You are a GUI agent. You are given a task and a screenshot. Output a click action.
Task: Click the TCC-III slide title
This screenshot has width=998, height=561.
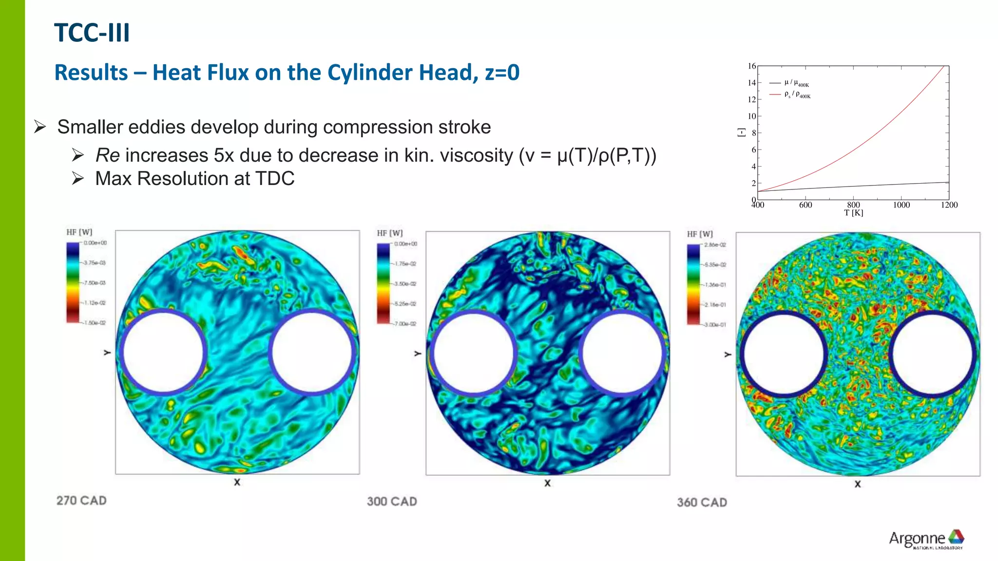(92, 33)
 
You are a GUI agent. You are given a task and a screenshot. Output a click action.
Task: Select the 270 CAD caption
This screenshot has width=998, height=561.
(81, 501)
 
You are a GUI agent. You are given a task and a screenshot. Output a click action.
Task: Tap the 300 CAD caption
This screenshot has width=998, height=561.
(392, 502)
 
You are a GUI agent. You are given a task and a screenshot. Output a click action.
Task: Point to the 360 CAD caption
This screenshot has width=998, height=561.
(702, 503)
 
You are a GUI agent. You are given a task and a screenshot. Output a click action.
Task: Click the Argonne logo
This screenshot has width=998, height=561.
(926, 539)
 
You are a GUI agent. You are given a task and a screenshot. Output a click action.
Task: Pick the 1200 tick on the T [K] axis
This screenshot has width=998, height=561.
(949, 205)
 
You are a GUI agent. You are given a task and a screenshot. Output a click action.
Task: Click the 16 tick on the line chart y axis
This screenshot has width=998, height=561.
(752, 66)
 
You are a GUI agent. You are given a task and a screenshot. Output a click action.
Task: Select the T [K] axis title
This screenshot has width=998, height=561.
(853, 213)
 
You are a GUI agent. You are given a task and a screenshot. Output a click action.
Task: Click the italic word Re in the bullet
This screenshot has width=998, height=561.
(108, 155)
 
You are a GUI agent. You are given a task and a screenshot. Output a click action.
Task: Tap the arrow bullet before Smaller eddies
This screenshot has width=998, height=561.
(40, 127)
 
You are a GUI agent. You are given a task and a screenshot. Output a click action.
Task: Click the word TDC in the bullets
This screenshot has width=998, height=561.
(275, 179)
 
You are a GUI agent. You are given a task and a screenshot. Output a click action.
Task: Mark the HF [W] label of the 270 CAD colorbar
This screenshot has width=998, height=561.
(79, 232)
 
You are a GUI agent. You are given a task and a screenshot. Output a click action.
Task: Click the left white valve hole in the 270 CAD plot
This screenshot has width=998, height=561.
(163, 352)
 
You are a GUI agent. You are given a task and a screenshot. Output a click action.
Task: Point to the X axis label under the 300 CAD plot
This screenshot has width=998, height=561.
(547, 483)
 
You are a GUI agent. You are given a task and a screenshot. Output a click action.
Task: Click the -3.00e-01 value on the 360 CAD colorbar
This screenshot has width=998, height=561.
(714, 325)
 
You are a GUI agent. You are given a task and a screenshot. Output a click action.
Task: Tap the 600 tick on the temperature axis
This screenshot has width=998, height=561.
(806, 205)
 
